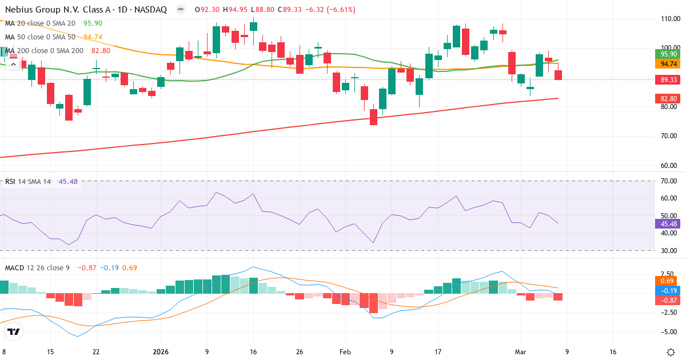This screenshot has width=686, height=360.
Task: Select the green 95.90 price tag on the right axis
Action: coord(666,54)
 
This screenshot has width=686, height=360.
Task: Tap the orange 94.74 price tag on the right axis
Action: coord(666,65)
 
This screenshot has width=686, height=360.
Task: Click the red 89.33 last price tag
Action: coord(666,80)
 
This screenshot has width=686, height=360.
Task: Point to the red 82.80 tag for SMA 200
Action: coord(666,99)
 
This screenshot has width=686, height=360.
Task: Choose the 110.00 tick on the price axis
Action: coord(669,18)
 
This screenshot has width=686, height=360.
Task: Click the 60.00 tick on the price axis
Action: coord(669,166)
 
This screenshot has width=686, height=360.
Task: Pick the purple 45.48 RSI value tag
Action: coord(666,224)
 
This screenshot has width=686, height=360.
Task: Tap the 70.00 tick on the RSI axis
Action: coord(669,181)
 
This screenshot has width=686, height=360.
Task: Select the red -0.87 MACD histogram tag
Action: coord(666,300)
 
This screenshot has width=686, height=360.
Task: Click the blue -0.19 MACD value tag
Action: coord(666,290)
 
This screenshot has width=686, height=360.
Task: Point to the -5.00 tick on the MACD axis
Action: coord(668,332)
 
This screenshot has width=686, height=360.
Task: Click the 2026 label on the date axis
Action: coord(161,352)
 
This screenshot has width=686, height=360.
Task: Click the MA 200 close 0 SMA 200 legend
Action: coord(44,51)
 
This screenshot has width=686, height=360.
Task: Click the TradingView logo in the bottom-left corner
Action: coord(14,332)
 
